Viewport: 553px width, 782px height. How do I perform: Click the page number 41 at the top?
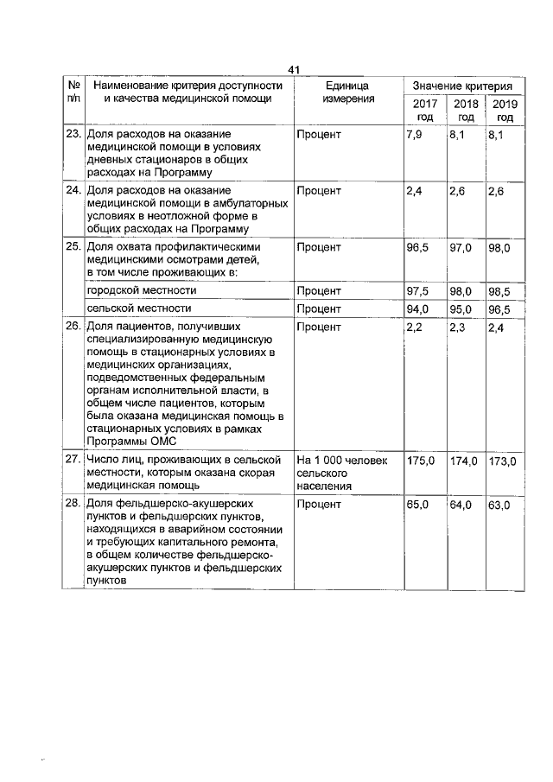pyautogui.click(x=293, y=69)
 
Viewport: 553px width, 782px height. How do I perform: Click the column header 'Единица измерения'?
pyautogui.click(x=348, y=92)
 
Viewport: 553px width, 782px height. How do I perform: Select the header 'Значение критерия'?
pyautogui.click(x=462, y=86)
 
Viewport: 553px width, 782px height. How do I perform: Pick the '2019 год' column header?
pyautogui.click(x=505, y=110)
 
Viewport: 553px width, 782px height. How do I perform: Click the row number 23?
pyautogui.click(x=73, y=135)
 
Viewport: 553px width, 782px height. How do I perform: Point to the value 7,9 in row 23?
pyautogui.click(x=413, y=135)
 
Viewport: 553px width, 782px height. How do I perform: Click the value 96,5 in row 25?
pyautogui.click(x=417, y=248)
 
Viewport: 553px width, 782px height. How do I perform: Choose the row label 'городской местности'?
pyautogui.click(x=134, y=291)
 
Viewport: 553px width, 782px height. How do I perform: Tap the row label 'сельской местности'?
pyautogui.click(x=132, y=308)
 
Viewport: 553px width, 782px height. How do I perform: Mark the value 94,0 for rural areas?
pyautogui.click(x=417, y=308)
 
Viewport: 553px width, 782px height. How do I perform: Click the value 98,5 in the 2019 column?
pyautogui.click(x=502, y=291)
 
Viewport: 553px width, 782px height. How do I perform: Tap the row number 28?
pyautogui.click(x=73, y=503)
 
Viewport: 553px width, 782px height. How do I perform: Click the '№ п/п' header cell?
pyautogui.click(x=73, y=92)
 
